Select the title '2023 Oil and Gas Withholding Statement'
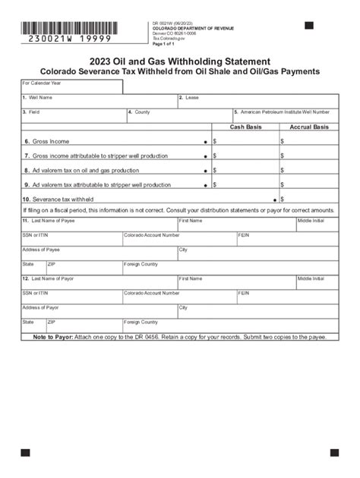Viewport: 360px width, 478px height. coord(179,60)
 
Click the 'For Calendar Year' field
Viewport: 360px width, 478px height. coord(71,86)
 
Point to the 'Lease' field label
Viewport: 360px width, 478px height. coord(190,98)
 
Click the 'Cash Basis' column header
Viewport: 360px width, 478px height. coord(245,127)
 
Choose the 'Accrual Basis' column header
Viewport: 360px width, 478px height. coord(309,127)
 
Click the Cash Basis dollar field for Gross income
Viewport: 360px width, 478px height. coord(247,141)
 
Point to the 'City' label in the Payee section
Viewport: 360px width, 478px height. coord(183,249)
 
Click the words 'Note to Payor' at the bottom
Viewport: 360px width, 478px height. coord(53,336)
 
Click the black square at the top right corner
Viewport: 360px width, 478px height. coord(308,26)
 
